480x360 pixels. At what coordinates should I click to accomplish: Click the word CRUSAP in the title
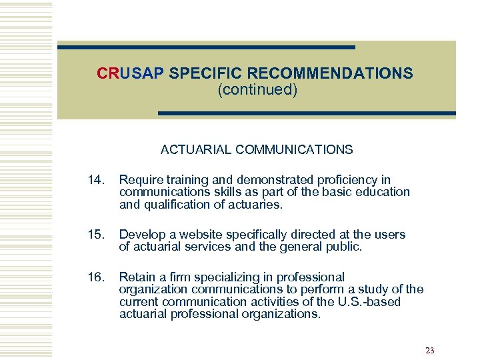click(x=130, y=73)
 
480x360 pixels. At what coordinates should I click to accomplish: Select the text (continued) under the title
click(x=257, y=89)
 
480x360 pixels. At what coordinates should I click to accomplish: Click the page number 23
click(x=429, y=351)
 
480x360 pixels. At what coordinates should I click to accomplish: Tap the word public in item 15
click(x=344, y=247)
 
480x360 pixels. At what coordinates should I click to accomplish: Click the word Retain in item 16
click(x=137, y=277)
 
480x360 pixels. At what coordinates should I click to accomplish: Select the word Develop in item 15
click(x=142, y=235)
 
